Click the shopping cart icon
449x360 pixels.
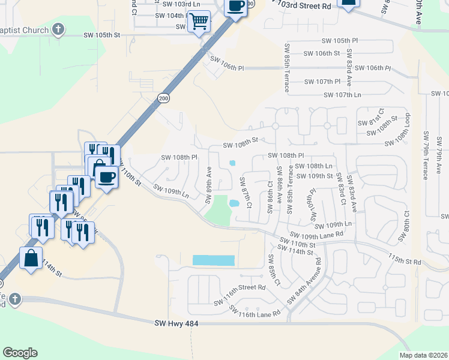tap(199, 22)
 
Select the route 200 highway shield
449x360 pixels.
tap(163, 98)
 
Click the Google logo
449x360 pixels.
tap(20, 353)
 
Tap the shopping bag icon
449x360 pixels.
tap(31, 259)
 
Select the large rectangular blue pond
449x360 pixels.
tap(213, 260)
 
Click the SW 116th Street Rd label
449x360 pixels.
tap(240, 287)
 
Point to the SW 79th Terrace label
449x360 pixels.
tap(425, 155)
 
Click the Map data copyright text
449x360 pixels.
tap(423, 355)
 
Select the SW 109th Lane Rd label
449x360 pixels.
tap(315, 235)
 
